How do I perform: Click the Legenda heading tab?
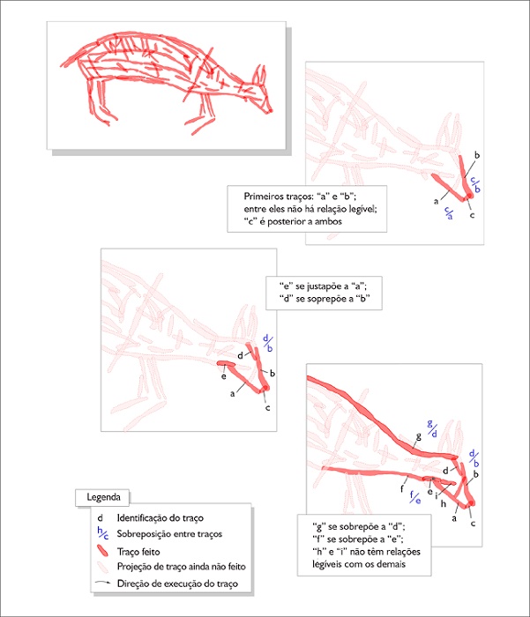pos(103,496)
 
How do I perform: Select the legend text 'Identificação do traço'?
pos(165,517)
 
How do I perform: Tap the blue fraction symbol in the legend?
pos(102,533)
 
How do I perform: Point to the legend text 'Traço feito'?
pos(139,551)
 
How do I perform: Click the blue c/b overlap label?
pos(474,182)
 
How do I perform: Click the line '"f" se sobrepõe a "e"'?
pos(359,536)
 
